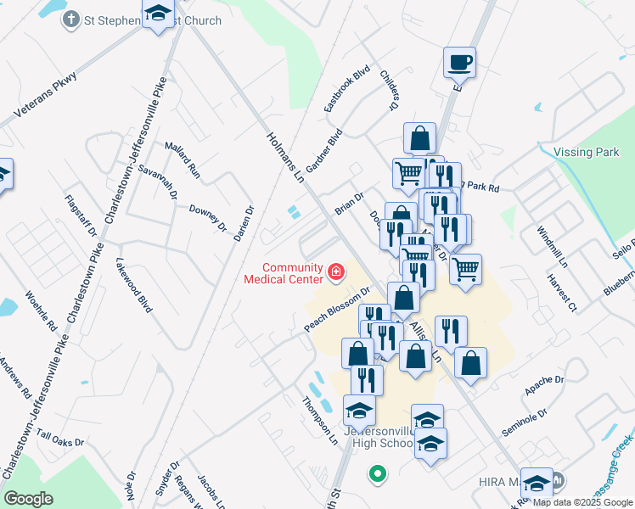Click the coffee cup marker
click(x=459, y=62)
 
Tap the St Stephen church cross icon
click(x=71, y=20)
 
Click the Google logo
click(x=28, y=498)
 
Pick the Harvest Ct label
click(x=561, y=293)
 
